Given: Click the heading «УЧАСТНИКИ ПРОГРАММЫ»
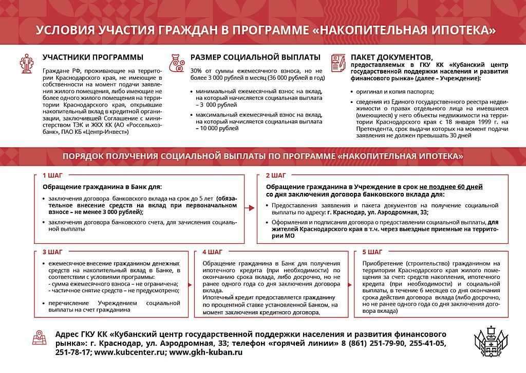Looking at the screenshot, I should pyautogui.click(x=93, y=57).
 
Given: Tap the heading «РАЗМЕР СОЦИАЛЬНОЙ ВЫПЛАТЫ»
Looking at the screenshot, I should pyautogui.click(x=255, y=57).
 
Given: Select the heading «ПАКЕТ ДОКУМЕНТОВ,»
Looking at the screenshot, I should pyautogui.click(x=391, y=57).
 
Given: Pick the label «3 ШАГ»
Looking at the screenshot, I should pyautogui.click(x=52, y=252).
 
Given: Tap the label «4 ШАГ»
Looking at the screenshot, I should pyautogui.click(x=212, y=252).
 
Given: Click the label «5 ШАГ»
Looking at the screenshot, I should pyautogui.click(x=372, y=252).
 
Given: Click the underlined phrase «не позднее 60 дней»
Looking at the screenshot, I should pyautogui.click(x=451, y=187).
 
